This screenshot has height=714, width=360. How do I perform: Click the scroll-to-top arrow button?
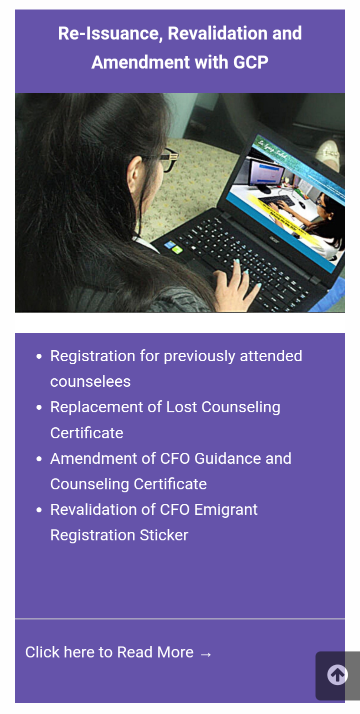(337, 675)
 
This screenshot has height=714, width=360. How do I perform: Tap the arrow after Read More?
(205, 653)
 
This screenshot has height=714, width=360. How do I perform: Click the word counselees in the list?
(90, 382)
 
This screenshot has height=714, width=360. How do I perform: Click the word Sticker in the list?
(164, 535)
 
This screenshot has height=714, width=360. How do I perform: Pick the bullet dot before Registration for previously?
(39, 357)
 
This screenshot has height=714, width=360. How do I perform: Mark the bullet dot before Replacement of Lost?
(39, 408)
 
